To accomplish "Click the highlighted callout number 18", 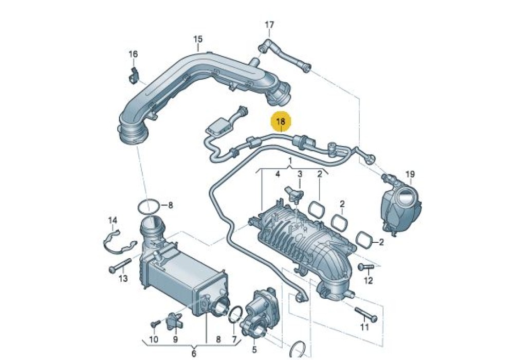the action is (281, 122).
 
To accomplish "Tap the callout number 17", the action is (269, 25).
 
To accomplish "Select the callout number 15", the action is (198, 40).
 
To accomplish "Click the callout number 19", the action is (410, 174).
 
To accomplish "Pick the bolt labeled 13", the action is (120, 265).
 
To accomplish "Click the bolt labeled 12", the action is (366, 267).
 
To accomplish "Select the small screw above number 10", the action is (154, 325).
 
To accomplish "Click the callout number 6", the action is (193, 354).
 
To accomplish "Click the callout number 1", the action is (290, 160).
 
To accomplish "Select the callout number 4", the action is (278, 174).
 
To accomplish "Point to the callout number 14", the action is (113, 220).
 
